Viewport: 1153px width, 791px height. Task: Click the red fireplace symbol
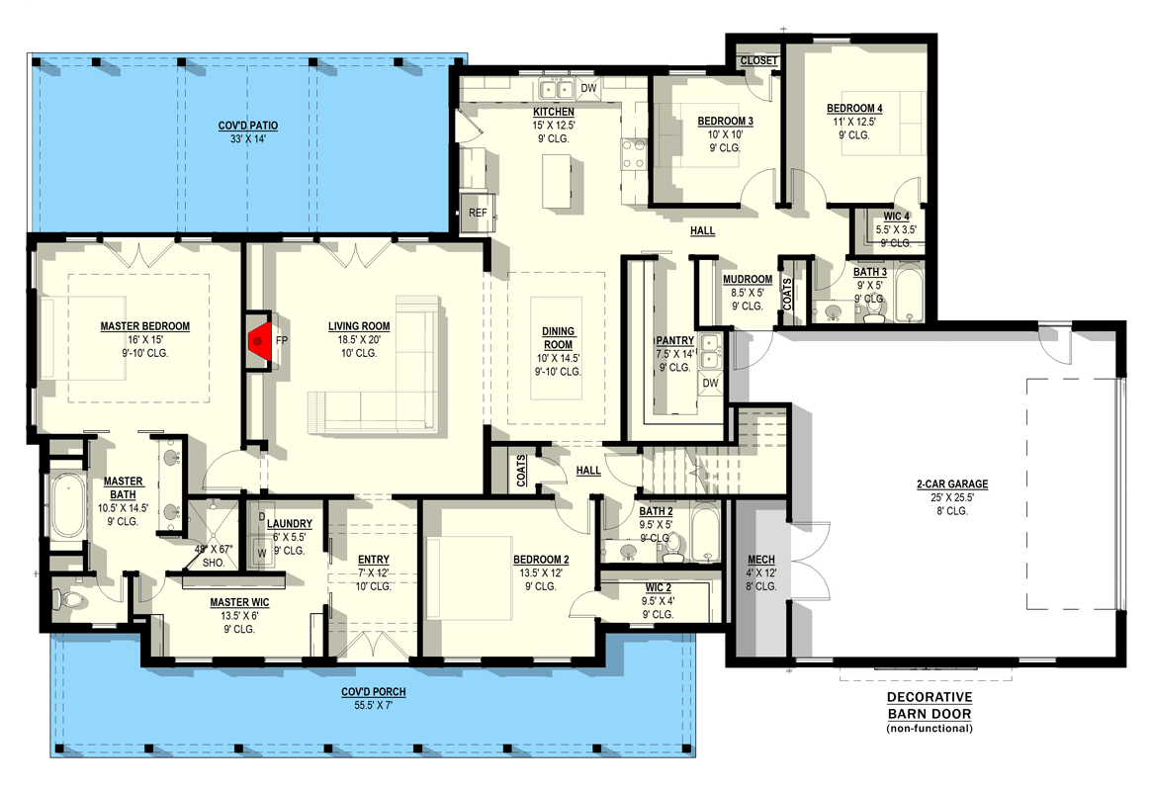(x=259, y=339)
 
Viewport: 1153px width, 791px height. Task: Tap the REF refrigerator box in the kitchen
(x=478, y=214)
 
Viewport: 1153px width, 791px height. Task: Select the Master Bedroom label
(x=144, y=326)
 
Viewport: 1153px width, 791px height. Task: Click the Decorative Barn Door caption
(x=930, y=706)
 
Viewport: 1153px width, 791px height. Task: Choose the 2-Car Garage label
(x=952, y=484)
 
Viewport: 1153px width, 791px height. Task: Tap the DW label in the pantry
(x=710, y=383)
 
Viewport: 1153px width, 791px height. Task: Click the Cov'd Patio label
(x=248, y=126)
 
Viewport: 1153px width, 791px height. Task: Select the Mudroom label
(x=748, y=280)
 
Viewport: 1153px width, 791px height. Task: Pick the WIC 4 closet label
(x=896, y=217)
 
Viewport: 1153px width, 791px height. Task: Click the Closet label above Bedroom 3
(x=758, y=61)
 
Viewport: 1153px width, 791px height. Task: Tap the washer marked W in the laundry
(x=261, y=553)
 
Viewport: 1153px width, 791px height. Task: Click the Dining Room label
(x=558, y=338)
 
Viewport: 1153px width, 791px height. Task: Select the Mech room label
(x=761, y=561)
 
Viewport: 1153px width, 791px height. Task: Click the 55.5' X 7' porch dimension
(x=373, y=706)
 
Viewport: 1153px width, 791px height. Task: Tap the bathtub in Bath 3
(x=909, y=293)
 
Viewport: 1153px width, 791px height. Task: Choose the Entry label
(x=374, y=560)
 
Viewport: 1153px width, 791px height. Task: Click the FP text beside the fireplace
(x=282, y=341)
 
